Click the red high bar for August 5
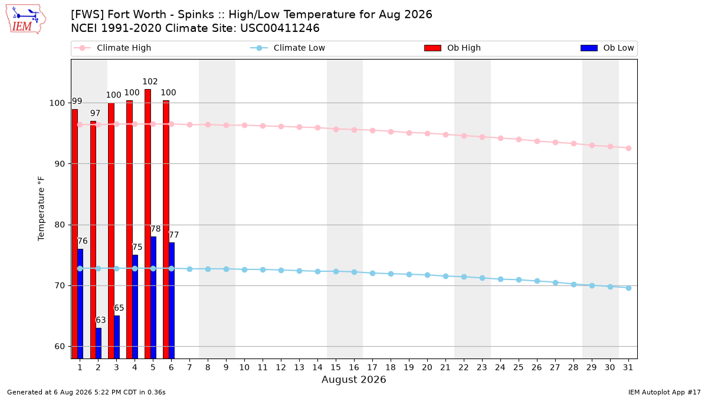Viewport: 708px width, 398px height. pyautogui.click(x=147, y=223)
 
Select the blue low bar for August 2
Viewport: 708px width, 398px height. pyautogui.click(x=99, y=343)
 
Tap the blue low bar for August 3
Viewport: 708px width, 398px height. pyautogui.click(x=117, y=337)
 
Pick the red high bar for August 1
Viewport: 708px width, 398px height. pyautogui.click(x=74, y=233)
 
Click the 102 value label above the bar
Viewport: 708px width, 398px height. pyautogui.click(x=150, y=81)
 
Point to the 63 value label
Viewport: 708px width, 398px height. pyautogui.click(x=100, y=320)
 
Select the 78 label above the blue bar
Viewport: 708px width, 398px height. pyautogui.click(x=156, y=229)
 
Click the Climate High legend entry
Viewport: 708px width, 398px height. pyautogui.click(x=112, y=48)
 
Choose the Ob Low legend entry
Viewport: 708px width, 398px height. pyautogui.click(x=607, y=48)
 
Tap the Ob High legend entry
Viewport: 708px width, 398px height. pyautogui.click(x=453, y=48)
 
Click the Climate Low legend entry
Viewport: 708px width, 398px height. pyautogui.click(x=288, y=48)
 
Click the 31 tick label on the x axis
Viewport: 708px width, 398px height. pyautogui.click(x=628, y=367)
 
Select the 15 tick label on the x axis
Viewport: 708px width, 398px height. pyautogui.click(x=336, y=367)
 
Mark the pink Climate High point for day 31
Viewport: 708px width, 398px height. pyautogui.click(x=628, y=148)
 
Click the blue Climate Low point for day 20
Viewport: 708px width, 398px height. pyautogui.click(x=427, y=275)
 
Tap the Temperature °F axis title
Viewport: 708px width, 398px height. pyautogui.click(x=41, y=209)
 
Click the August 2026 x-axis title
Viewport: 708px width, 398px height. pyautogui.click(x=353, y=379)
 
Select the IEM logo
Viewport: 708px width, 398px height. pyautogui.click(x=25, y=19)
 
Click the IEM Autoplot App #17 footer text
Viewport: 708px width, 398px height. pyautogui.click(x=664, y=392)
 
